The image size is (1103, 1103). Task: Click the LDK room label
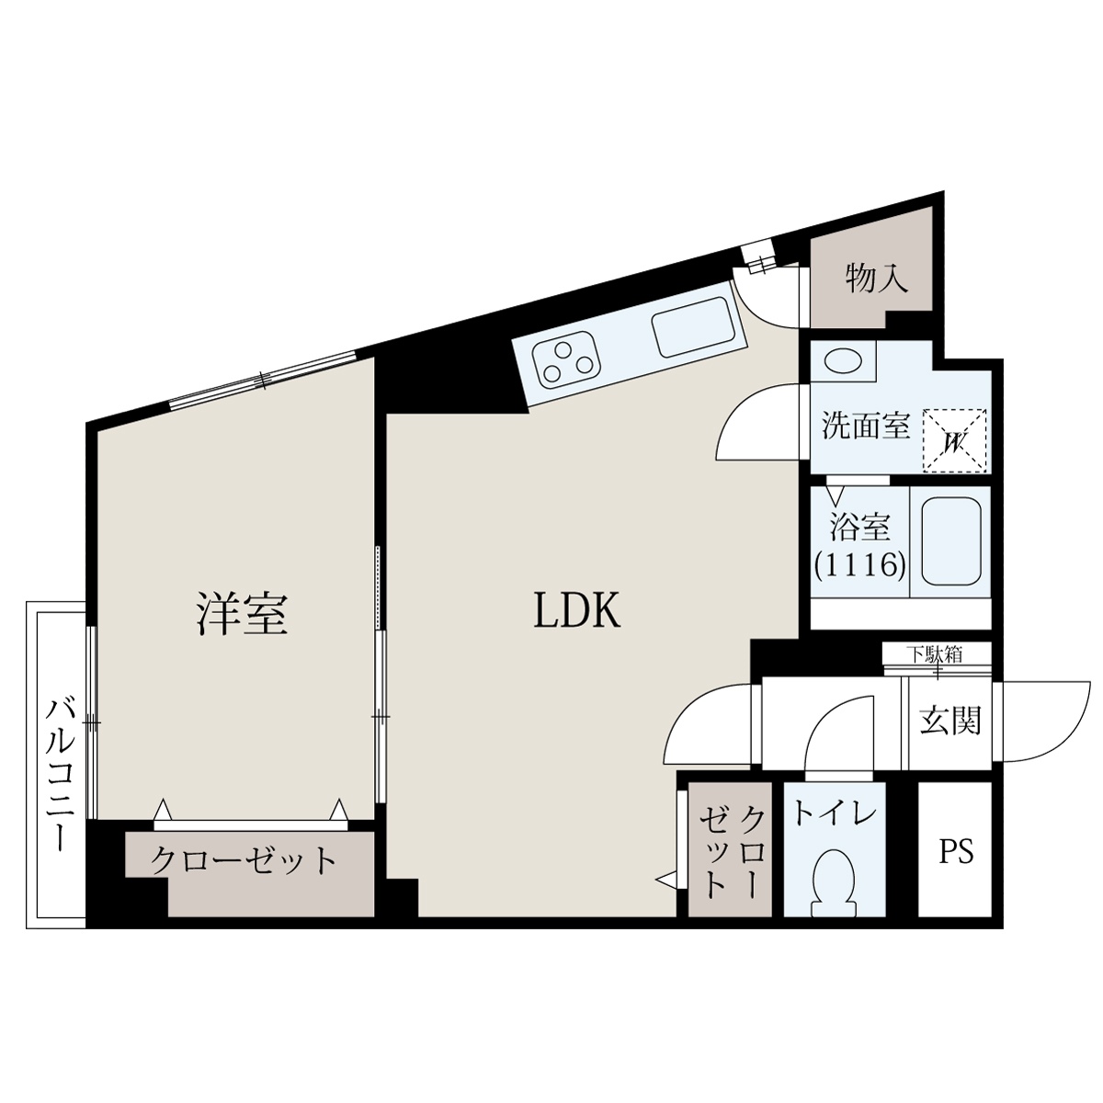point(576,610)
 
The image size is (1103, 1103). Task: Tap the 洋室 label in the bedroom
point(242,614)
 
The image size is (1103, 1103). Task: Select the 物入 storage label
point(877,279)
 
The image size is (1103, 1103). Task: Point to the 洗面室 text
point(866,426)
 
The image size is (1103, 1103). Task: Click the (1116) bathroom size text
point(860,565)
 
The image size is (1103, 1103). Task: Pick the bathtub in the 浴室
point(950,540)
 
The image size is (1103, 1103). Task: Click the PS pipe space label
point(956,851)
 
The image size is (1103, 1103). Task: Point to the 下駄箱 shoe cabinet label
point(937,654)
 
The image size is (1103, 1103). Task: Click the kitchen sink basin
point(693,327)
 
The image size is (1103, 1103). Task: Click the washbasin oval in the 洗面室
point(843,362)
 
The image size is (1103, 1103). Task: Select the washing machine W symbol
point(955,441)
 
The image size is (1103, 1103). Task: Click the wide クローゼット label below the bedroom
point(244,860)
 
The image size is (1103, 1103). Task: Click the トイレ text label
point(836,815)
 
